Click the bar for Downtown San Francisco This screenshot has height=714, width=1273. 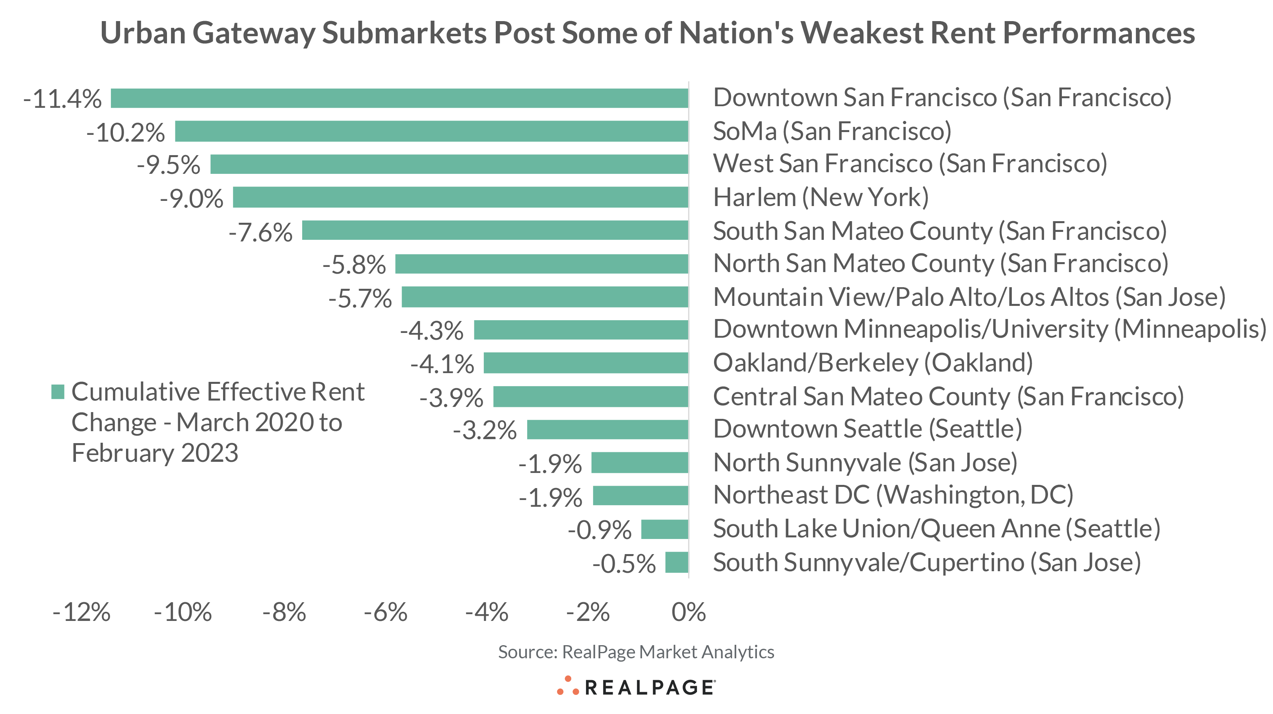pos(399,98)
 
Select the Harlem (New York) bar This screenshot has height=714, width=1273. pos(460,197)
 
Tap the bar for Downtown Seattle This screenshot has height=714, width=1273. pos(607,429)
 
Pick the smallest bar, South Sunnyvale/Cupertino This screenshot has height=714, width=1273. pos(677,562)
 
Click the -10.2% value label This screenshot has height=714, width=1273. pos(126,132)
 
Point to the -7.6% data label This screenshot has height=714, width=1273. pos(260,232)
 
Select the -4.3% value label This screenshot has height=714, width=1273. pos(432,331)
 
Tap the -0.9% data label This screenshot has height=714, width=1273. pos(600,530)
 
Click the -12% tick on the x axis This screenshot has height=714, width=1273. pos(82,612)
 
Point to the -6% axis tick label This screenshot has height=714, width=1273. pos(386,612)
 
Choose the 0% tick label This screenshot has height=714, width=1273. pos(689,612)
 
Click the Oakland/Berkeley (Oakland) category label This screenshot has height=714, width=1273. pos(873,363)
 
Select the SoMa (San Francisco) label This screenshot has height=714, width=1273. pos(832,132)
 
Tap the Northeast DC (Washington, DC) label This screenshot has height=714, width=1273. pos(893,495)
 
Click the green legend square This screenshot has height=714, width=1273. pos(58,392)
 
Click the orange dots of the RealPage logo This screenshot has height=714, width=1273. pos(567,686)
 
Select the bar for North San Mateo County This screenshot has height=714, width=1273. pos(541,264)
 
